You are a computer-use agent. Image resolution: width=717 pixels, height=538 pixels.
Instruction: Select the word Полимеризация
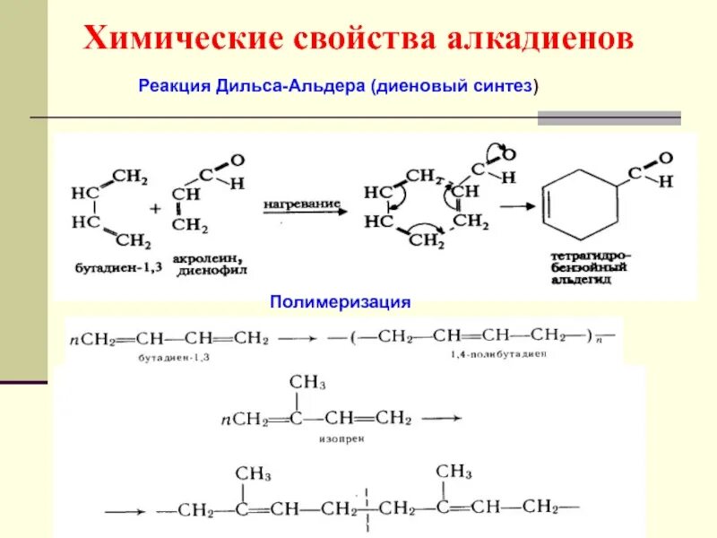pos(341,302)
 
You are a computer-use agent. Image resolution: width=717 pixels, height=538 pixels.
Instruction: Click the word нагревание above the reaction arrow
pos(300,204)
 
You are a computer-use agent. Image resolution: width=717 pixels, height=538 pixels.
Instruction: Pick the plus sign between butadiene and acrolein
pos(155,208)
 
